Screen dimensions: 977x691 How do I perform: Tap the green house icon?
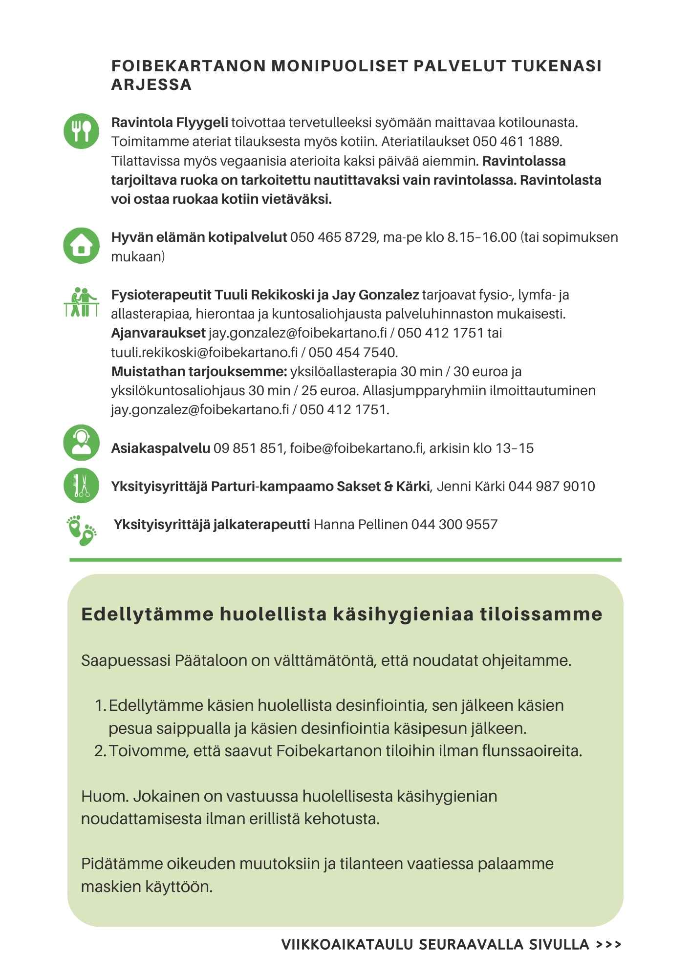81,246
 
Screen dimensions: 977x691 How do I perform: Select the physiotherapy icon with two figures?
81,303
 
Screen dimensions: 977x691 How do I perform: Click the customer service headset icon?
81,443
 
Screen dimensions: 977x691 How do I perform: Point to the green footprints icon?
81,529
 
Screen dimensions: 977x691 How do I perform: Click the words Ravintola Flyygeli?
170,122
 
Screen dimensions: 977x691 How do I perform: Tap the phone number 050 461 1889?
517,142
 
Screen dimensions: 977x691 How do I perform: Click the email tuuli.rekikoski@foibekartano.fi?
204,352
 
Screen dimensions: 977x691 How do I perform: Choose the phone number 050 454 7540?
353,352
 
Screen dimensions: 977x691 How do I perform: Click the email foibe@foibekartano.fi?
356,448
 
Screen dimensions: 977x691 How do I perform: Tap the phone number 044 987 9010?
551,486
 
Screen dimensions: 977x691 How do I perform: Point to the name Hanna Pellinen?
360,525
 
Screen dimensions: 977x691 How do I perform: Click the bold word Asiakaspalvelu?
161,448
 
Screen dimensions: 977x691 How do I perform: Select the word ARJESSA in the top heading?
151,85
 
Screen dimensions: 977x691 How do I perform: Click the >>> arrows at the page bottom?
609,944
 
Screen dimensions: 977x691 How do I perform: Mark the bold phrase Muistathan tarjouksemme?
199,371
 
